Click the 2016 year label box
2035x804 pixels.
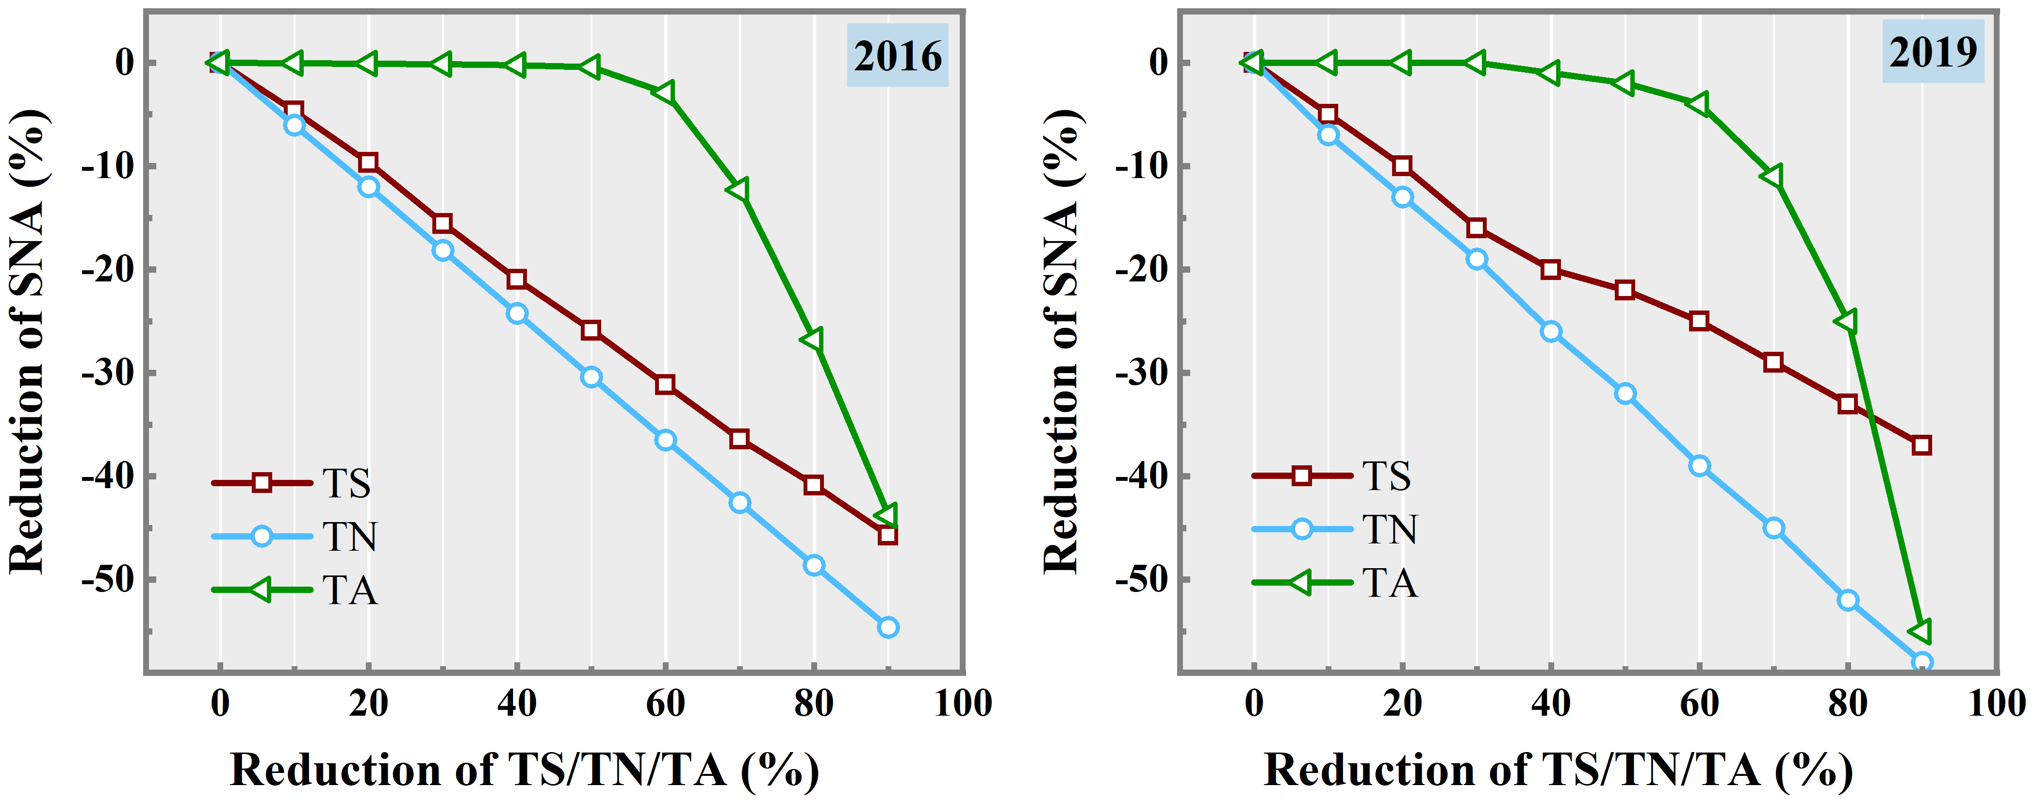[898, 55]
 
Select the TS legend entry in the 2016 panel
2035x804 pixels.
[292, 483]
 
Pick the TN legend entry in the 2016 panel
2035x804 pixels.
[292, 536]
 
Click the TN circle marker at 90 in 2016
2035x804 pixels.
[888, 627]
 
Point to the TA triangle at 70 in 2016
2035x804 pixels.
[739, 190]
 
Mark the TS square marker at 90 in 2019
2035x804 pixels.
[1922, 445]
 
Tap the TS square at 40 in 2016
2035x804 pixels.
[517, 279]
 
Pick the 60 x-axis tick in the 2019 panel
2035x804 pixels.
[1699, 703]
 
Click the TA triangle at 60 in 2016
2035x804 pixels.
[664, 92]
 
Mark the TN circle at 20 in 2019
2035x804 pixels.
[1402, 197]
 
